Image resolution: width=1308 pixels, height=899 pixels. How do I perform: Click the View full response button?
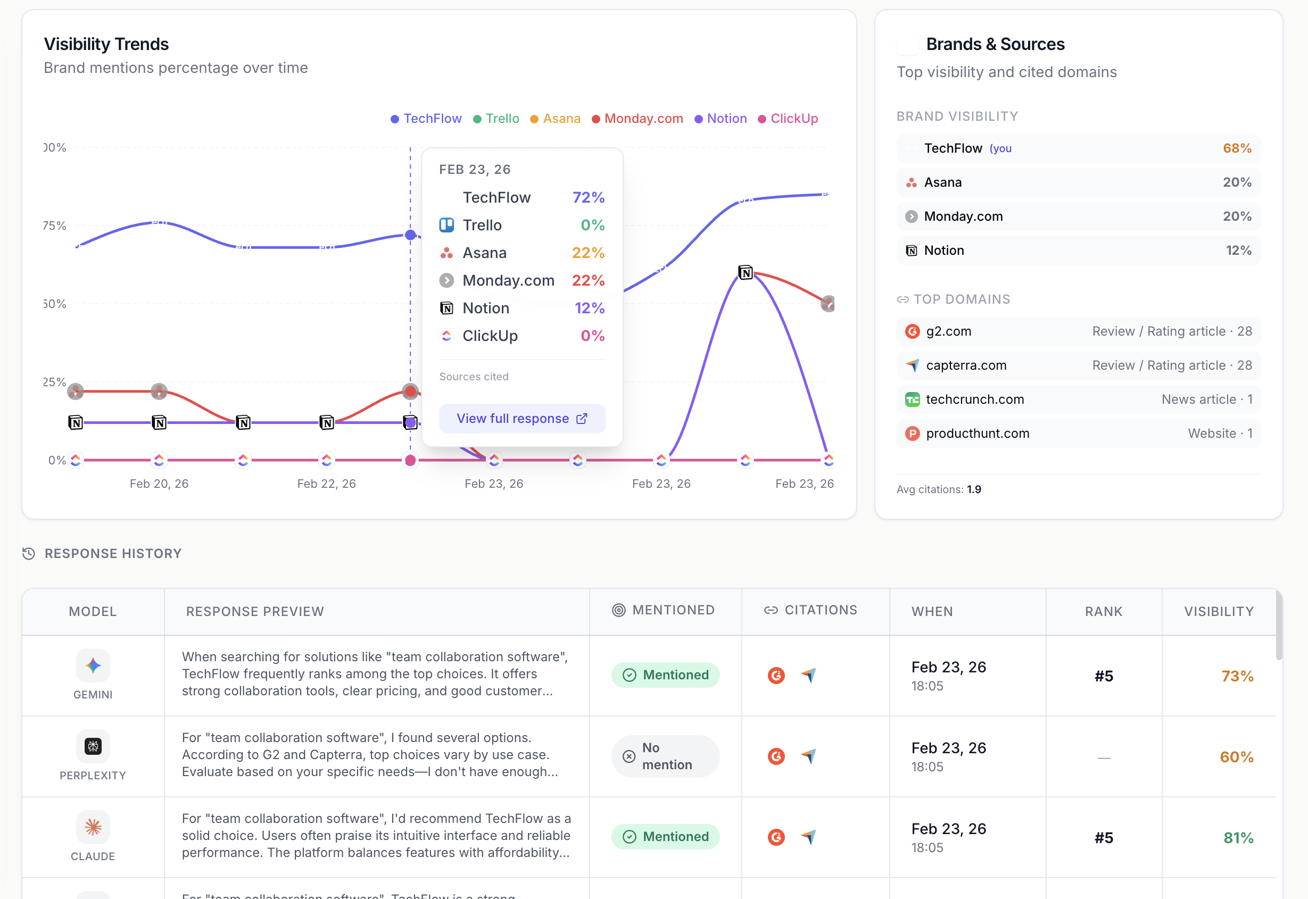(521, 419)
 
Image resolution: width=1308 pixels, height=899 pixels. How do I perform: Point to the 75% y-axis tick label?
(55, 226)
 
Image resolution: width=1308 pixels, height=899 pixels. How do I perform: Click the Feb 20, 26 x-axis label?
(159, 484)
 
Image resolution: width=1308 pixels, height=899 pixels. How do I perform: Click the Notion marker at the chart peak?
(745, 273)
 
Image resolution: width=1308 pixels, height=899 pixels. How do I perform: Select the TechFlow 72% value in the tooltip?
(588, 198)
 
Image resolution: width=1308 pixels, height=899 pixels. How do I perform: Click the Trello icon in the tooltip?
(446, 226)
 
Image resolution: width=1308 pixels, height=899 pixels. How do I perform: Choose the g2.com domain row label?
(949, 331)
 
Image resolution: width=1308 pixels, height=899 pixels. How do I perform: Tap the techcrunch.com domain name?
(974, 399)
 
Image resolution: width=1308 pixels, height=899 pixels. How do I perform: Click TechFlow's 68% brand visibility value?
(1237, 148)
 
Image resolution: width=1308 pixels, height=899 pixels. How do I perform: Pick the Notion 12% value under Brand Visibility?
(1238, 251)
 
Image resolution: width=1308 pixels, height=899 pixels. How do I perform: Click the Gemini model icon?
(93, 666)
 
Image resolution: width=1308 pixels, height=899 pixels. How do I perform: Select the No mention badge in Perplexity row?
(665, 756)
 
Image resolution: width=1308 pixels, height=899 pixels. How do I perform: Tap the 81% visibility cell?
(1238, 838)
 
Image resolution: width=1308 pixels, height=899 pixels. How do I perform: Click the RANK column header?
(1103, 612)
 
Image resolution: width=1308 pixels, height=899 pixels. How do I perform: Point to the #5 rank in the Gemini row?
(1103, 677)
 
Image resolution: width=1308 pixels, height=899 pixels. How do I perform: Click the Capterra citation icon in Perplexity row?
(808, 756)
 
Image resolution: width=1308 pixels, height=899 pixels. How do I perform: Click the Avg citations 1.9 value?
(974, 489)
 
